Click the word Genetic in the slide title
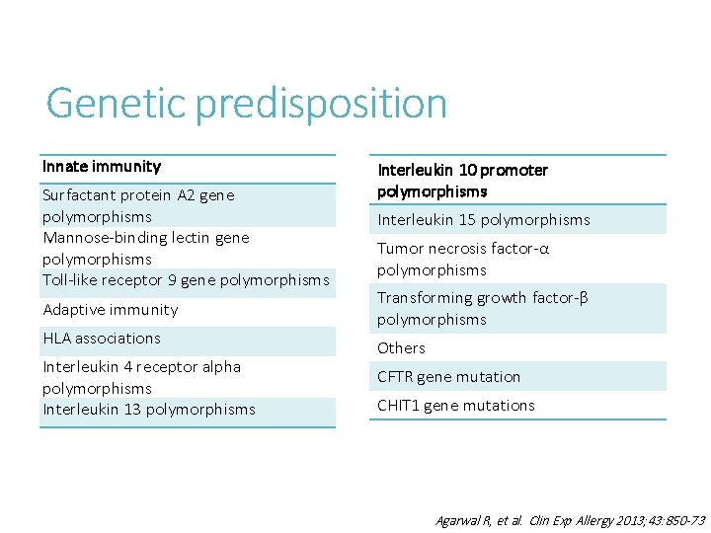pyautogui.click(x=116, y=103)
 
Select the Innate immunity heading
pyautogui.click(x=102, y=166)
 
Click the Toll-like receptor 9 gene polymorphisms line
pyautogui.click(x=186, y=280)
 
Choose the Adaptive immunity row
pyautogui.click(x=111, y=310)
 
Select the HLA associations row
pyautogui.click(x=102, y=339)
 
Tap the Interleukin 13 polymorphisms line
pyautogui.click(x=149, y=410)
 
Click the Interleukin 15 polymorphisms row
pyautogui.click(x=483, y=220)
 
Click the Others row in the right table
pyautogui.click(x=401, y=348)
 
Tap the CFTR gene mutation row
pyautogui.click(x=448, y=377)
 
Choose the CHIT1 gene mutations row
pyautogui.click(x=455, y=406)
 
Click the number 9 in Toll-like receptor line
pyautogui.click(x=173, y=280)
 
